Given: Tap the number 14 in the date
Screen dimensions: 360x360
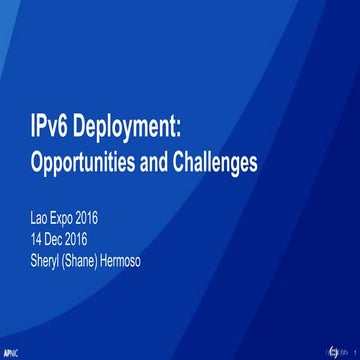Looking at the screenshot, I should tap(39, 238).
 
